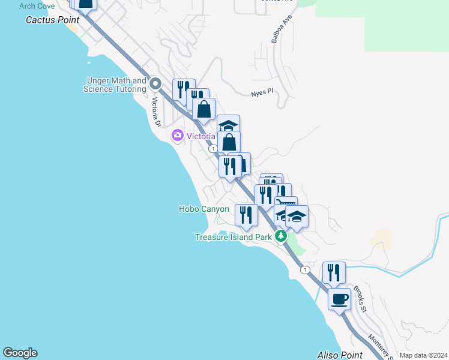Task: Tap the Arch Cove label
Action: pos(37,6)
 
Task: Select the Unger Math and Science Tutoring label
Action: pos(116,85)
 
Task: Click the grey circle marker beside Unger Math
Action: pos(155,83)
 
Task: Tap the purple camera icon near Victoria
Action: pos(177,135)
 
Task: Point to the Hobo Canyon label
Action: pos(204,209)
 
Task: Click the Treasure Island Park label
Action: pos(234,237)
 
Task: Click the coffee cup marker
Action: pos(339,298)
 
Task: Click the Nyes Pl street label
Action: pos(262,92)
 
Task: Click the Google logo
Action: pos(20,353)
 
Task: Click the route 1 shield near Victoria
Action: pos(212,148)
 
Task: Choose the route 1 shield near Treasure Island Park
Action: pos(306,269)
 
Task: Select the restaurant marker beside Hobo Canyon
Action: pos(246,214)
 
